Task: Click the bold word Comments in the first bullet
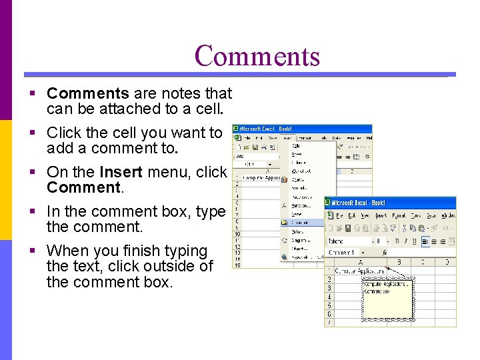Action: (x=87, y=93)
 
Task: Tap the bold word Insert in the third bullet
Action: (x=121, y=172)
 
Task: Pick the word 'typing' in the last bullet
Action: (x=185, y=251)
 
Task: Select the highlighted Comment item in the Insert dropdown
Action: (x=301, y=223)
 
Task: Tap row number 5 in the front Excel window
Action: (x=329, y=305)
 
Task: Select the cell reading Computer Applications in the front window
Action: (x=360, y=271)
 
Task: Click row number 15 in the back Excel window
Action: (x=237, y=264)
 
